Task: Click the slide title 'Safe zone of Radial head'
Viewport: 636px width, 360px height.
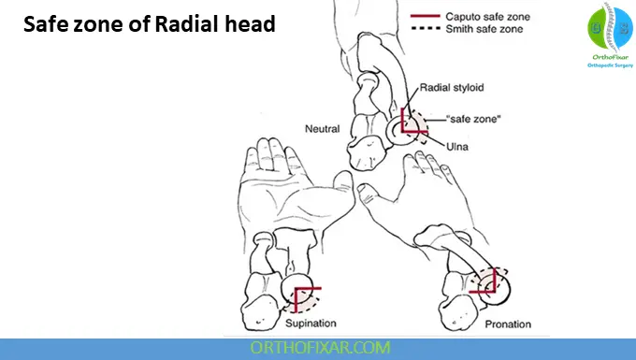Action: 149,24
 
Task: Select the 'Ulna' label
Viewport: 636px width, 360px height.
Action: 457,147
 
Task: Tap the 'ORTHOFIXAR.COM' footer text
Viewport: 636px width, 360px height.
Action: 317,348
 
